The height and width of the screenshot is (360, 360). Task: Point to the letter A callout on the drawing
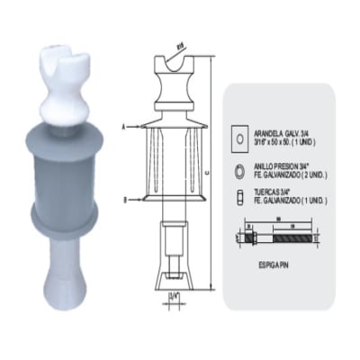pyautogui.click(x=124, y=128)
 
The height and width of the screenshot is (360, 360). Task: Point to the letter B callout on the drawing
pyautogui.click(x=124, y=198)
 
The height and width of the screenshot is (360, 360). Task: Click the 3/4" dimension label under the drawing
pyautogui.click(x=173, y=292)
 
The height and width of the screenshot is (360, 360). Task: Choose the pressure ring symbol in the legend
pyautogui.click(x=240, y=168)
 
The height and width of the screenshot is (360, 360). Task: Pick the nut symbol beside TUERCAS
pyautogui.click(x=240, y=198)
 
